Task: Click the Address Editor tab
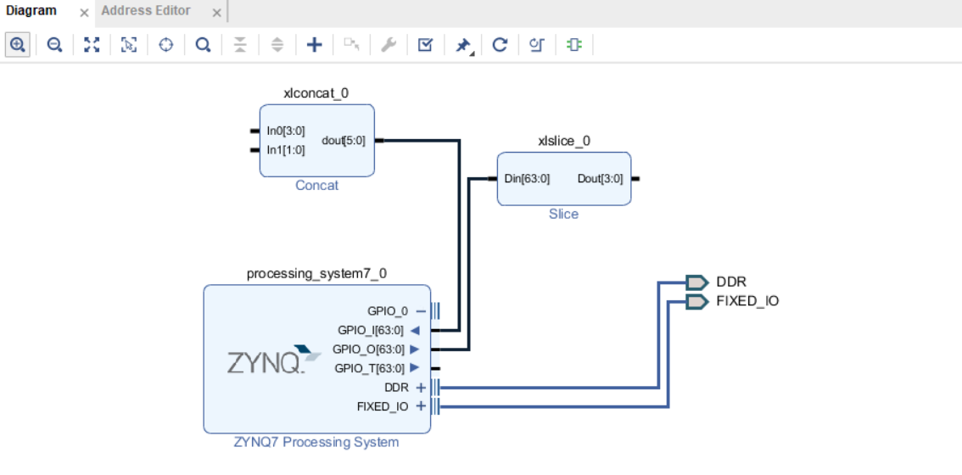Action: (x=146, y=11)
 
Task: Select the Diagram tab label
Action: (x=31, y=11)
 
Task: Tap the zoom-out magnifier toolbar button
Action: (x=54, y=45)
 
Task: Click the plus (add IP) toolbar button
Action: (x=314, y=45)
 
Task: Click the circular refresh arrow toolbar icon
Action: (x=500, y=45)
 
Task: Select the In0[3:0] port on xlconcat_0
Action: (x=285, y=131)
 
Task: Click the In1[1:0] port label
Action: (x=285, y=150)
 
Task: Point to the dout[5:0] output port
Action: (x=344, y=141)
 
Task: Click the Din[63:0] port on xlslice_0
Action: (x=527, y=179)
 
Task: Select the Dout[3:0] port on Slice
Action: (x=600, y=179)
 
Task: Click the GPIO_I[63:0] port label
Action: (x=369, y=330)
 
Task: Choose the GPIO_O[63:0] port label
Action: (x=369, y=349)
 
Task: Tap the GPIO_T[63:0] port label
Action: (x=369, y=368)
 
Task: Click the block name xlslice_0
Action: (x=563, y=141)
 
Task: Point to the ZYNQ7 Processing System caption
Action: (x=316, y=442)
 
